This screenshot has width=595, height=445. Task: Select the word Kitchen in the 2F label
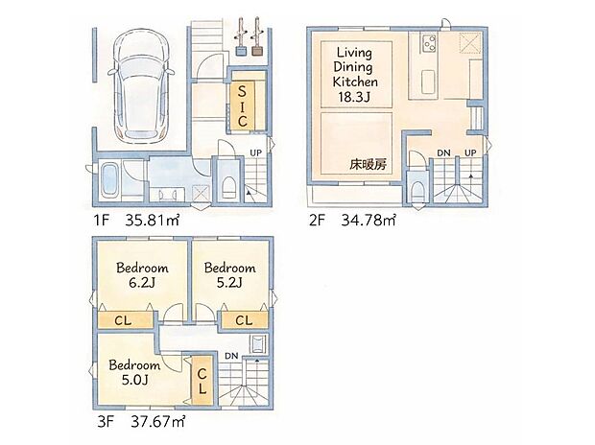pyautogui.click(x=354, y=82)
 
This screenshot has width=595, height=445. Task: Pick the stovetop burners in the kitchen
pyautogui.click(x=426, y=44)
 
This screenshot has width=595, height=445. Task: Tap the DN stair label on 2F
pyautogui.click(x=443, y=153)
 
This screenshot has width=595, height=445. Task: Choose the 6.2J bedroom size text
pyautogui.click(x=142, y=282)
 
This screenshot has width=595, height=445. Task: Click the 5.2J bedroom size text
pyautogui.click(x=229, y=282)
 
